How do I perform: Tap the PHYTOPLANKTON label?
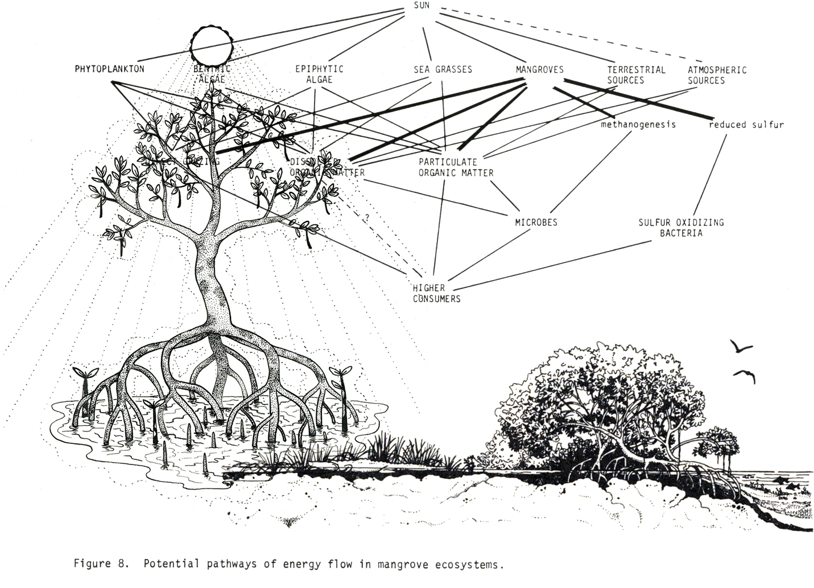tap(109, 69)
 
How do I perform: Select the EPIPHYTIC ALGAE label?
tap(319, 75)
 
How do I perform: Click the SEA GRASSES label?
tap(443, 69)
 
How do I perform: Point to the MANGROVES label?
tap(539, 69)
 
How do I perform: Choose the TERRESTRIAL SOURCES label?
tap(635, 75)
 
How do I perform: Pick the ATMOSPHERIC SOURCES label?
tap(716, 75)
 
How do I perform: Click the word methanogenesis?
tap(638, 124)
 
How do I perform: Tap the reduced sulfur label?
tap(746, 124)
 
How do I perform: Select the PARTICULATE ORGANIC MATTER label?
tap(456, 167)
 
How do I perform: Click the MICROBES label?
tap(536, 222)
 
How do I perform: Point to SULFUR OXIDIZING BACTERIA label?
tap(681, 227)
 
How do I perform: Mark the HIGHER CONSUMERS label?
tap(436, 293)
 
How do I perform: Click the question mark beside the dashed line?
tap(367, 217)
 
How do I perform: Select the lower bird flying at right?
tap(745, 375)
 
